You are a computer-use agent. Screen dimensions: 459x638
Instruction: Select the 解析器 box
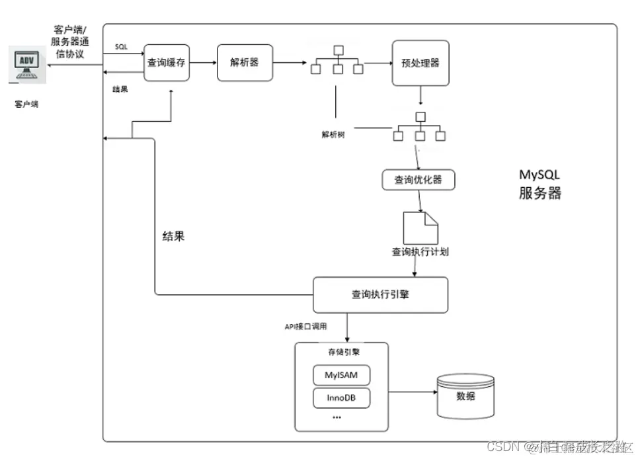click(245, 63)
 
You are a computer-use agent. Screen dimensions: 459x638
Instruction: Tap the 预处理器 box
click(420, 63)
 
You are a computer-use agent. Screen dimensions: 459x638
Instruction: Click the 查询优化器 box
click(419, 180)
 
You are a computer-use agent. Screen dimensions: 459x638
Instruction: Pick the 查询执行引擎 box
click(380, 294)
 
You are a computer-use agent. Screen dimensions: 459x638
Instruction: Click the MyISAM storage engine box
click(340, 375)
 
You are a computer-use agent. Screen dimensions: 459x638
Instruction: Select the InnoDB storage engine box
click(340, 398)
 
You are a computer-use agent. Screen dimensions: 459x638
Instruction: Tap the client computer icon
click(26, 66)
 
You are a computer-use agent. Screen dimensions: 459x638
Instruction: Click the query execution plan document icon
click(420, 227)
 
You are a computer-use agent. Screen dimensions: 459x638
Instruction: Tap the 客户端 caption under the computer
click(26, 104)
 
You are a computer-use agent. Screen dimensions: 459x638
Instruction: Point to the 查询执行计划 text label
click(420, 252)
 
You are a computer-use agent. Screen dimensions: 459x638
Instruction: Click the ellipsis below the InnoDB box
click(337, 417)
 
